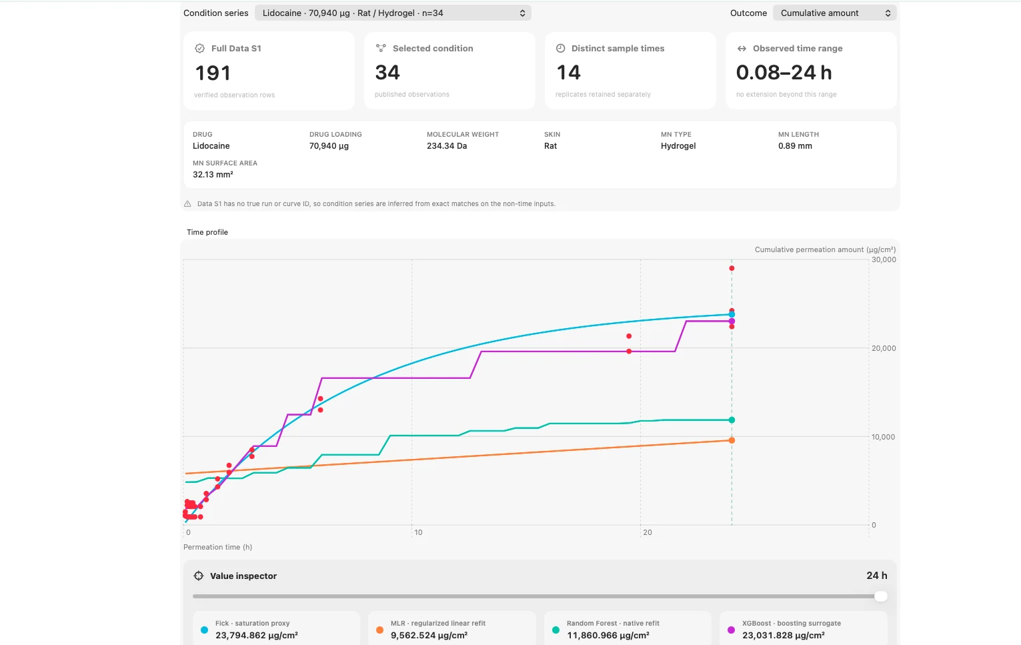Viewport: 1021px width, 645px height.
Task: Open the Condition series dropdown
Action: click(393, 13)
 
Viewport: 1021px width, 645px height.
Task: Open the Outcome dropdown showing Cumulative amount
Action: click(834, 13)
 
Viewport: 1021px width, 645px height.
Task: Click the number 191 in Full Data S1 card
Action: click(213, 73)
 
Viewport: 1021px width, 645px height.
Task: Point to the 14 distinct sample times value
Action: click(568, 73)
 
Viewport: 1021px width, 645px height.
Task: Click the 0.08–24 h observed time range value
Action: click(784, 73)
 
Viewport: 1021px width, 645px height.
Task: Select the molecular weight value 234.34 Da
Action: click(447, 146)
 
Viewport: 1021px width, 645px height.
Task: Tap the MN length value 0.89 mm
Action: click(795, 146)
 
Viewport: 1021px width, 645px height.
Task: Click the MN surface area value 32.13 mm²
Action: click(213, 175)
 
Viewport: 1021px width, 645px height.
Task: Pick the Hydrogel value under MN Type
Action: click(678, 146)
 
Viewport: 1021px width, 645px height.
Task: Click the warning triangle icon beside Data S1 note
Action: click(187, 203)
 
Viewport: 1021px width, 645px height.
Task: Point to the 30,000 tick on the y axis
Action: click(884, 259)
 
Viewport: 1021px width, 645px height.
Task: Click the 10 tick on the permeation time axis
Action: click(418, 532)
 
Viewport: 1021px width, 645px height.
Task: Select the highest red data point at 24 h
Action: click(732, 268)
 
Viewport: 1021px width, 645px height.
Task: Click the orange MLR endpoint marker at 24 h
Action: click(732, 440)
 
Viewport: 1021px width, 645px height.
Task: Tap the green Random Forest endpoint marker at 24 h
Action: click(732, 420)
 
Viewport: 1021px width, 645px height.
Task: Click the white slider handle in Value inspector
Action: click(880, 596)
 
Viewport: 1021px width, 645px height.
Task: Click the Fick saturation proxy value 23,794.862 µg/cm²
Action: click(256, 635)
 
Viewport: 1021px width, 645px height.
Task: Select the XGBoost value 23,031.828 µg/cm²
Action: click(783, 635)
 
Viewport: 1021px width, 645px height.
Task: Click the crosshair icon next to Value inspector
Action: click(198, 576)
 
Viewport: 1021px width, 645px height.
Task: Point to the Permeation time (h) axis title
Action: click(217, 547)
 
